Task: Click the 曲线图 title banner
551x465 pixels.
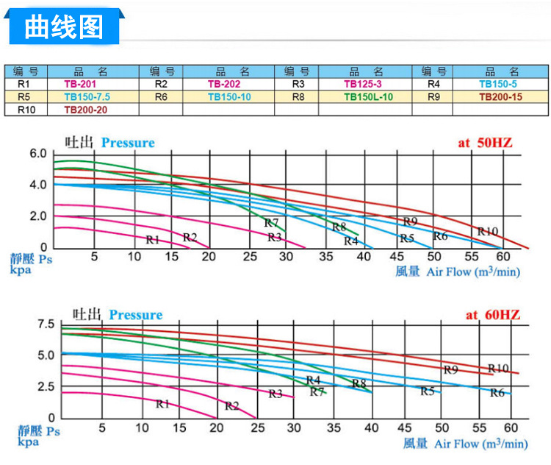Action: click(x=63, y=27)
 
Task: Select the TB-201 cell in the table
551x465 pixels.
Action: click(x=80, y=84)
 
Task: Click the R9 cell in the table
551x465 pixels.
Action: click(x=433, y=96)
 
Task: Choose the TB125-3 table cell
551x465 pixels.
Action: click(x=365, y=84)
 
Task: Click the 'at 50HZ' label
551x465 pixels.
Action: click(x=489, y=143)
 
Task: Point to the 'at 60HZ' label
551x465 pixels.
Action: click(x=492, y=315)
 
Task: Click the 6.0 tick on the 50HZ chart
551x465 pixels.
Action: click(x=37, y=154)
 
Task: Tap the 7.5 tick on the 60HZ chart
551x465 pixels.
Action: click(x=46, y=324)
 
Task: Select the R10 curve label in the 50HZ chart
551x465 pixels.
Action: click(x=487, y=232)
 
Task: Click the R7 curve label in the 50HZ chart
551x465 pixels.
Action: click(x=271, y=223)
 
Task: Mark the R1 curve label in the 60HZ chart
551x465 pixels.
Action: click(x=162, y=403)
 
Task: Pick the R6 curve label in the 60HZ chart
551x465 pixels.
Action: click(x=497, y=393)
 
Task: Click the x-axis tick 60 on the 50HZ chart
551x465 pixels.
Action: click(x=503, y=256)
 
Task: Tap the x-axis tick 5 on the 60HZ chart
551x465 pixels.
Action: click(x=102, y=427)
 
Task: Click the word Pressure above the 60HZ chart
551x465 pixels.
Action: click(x=136, y=315)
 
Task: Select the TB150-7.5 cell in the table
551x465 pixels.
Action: click(x=87, y=96)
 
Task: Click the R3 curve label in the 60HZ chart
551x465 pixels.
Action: click(x=275, y=394)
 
